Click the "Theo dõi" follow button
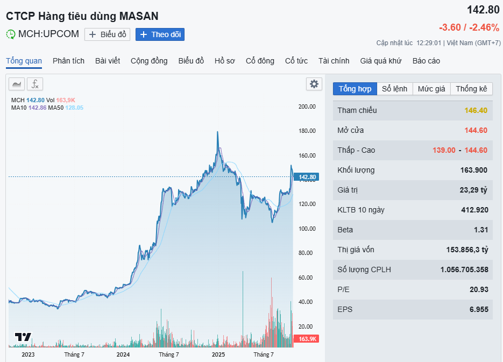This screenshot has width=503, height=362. click(160, 34)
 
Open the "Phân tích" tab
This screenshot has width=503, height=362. click(68, 61)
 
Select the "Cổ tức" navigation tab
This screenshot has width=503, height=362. click(296, 61)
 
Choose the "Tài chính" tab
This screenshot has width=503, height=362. click(334, 61)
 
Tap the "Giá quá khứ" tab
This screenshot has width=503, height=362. click(381, 61)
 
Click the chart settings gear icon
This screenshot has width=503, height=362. click(314, 84)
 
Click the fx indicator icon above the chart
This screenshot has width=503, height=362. click(35, 84)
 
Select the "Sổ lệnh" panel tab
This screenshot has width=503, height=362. click(394, 89)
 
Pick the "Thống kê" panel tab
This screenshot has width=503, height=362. click(471, 89)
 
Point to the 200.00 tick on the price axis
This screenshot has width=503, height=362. click(307, 107)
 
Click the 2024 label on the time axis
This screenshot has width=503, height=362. click(123, 354)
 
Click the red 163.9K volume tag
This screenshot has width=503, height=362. click(307, 339)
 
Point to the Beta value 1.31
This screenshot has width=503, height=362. click(481, 230)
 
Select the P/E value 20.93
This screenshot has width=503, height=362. click(478, 289)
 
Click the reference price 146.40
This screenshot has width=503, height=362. click(476, 110)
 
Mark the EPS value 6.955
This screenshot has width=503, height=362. click(478, 309)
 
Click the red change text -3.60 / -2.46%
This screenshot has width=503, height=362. click(469, 27)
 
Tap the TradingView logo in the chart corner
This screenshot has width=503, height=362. click(23, 337)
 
